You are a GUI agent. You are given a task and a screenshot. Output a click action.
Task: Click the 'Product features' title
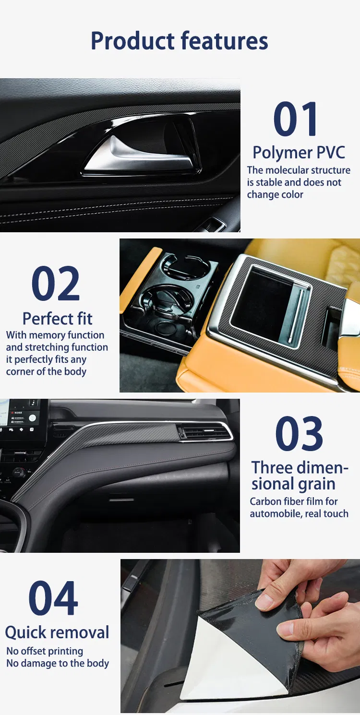[180, 41]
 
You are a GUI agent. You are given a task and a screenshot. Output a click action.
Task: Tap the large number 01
[296, 119]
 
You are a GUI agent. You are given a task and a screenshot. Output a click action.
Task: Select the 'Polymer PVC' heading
[299, 153]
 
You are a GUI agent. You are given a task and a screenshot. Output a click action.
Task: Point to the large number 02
[56, 283]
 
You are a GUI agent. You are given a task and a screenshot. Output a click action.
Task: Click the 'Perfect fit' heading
[58, 319]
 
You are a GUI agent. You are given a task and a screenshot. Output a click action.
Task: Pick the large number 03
[299, 434]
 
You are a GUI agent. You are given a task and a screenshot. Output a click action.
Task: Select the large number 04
[53, 598]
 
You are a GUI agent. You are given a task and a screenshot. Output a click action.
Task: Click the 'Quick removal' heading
[57, 632]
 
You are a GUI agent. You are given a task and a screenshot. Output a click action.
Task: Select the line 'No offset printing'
[45, 651]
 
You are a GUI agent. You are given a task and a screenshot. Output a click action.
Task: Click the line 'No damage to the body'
[58, 663]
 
